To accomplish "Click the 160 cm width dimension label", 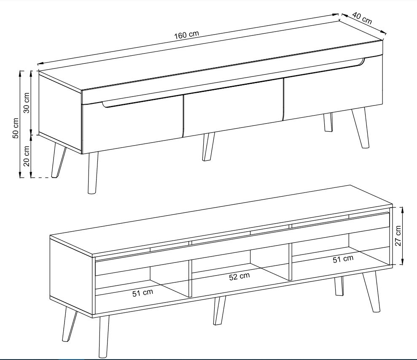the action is point(186,35).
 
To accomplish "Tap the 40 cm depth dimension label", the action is point(362,18).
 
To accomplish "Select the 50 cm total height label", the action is point(16,128).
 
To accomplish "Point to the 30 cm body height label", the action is point(27,103).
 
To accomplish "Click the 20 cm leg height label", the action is point(27,156).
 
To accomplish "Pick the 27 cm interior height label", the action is point(398,236).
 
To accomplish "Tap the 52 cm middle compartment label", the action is point(239,277).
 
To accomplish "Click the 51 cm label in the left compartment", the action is point(143,293).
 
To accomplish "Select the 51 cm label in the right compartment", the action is point(343,259).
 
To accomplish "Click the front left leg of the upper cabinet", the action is point(92,172).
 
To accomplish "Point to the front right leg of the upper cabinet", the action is point(361,128).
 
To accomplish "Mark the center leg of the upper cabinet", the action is point(208,146).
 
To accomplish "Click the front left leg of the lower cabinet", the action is point(104,336).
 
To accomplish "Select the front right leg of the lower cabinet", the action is point(371,292).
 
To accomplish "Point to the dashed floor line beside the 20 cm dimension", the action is point(41,177).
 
